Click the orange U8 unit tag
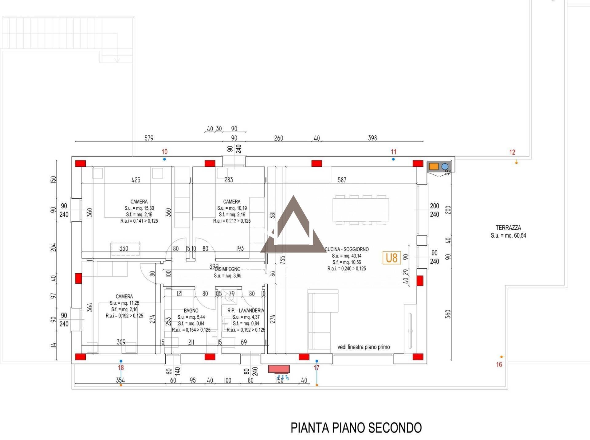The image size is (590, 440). [391, 258]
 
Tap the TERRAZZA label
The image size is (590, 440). [508, 228]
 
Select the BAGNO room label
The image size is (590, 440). [191, 310]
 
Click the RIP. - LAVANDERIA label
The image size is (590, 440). [246, 310]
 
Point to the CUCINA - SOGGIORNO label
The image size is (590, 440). [347, 249]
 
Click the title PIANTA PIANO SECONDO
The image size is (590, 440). [356, 427]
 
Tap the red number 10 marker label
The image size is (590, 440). [164, 152]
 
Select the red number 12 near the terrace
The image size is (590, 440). [512, 152]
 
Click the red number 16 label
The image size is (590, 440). [499, 364]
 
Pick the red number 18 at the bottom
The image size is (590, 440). [121, 368]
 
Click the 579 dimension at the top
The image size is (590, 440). [149, 138]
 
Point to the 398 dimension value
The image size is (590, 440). [372, 138]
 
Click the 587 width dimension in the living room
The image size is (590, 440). [342, 180]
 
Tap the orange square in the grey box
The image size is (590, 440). [434, 166]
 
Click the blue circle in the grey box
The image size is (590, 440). [445, 167]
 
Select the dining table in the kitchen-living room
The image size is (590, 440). [360, 209]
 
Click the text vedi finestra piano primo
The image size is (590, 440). [364, 347]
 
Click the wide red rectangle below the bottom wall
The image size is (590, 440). [279, 369]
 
